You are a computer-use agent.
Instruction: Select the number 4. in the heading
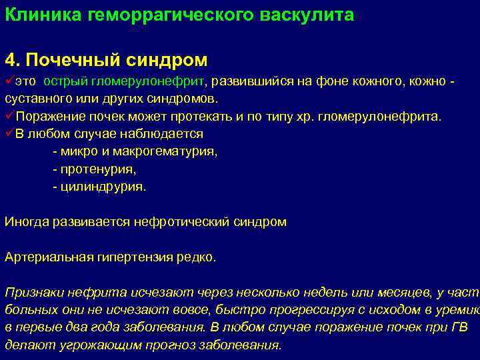pyautogui.click(x=12, y=60)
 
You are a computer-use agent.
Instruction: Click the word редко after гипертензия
pyautogui.click(x=198, y=257)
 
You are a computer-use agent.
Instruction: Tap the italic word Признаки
pyautogui.click(x=31, y=292)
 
